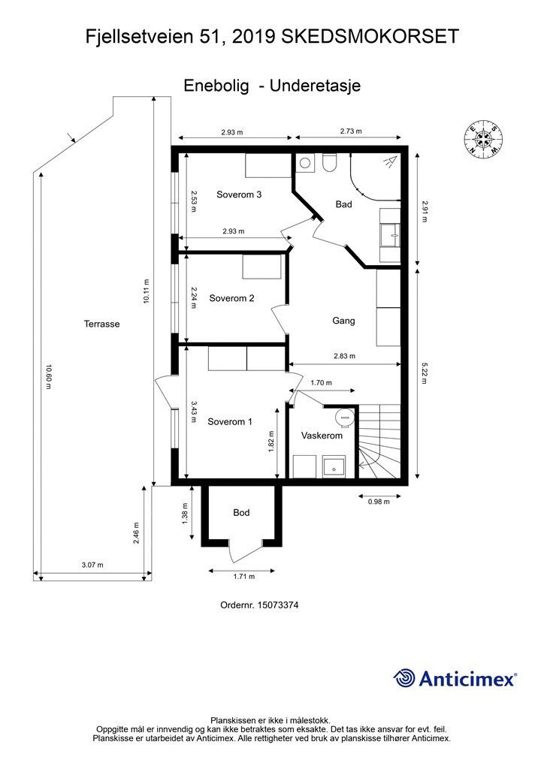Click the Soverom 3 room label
tap(239, 195)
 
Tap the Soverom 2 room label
tap(231, 298)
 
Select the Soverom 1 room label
tap(230, 422)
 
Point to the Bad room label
tap(344, 204)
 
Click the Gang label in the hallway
tap(343, 321)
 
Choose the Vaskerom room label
tap(322, 436)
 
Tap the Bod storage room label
tap(241, 512)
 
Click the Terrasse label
tap(102, 324)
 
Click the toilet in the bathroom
tap(329, 163)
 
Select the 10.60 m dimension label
tap(48, 376)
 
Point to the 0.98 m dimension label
tap(379, 502)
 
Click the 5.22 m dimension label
tap(423, 372)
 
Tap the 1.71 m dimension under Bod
tap(243, 577)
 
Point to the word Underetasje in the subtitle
tap(315, 86)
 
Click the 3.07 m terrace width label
tap(92, 565)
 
